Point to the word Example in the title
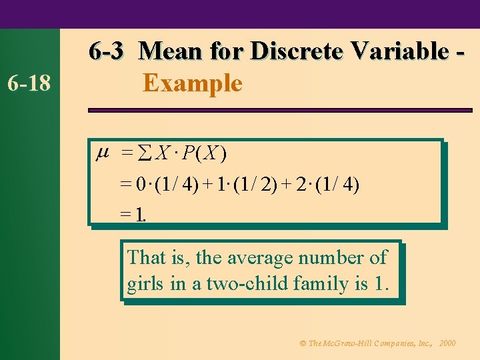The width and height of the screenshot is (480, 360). pyautogui.click(x=192, y=84)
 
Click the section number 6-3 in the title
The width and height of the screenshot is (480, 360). pyautogui.click(x=107, y=51)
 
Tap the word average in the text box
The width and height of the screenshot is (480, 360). pyautogui.click(x=261, y=257)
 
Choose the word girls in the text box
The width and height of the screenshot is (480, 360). pyautogui.click(x=146, y=284)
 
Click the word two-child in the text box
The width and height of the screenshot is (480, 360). pyautogui.click(x=241, y=284)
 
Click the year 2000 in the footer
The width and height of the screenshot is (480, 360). pyautogui.click(x=448, y=343)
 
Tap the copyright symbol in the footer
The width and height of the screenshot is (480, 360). pyautogui.click(x=303, y=343)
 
